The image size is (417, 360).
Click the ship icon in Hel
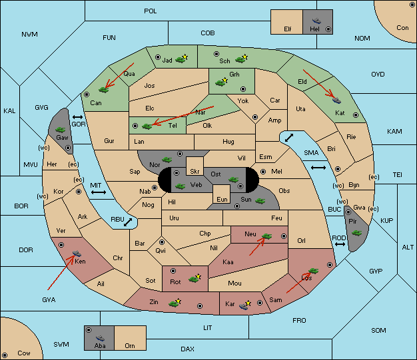316,21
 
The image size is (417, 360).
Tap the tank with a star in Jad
182,59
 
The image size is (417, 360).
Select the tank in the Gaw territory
61,130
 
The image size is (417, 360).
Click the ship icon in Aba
100,338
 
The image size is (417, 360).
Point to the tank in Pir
356,233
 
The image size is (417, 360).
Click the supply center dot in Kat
356,115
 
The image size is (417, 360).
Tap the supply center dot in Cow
5,355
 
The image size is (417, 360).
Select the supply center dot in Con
412,5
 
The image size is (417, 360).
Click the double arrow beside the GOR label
78,117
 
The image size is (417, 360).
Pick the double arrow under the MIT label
99,192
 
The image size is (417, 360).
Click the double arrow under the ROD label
340,244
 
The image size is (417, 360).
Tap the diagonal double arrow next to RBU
128,222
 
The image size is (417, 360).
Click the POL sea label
151,11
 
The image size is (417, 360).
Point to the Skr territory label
195,172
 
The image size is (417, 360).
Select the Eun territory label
222,199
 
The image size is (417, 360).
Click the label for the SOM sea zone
378,330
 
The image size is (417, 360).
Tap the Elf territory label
288,29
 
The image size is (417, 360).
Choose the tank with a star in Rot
195,278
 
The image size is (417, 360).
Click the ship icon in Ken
77,253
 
